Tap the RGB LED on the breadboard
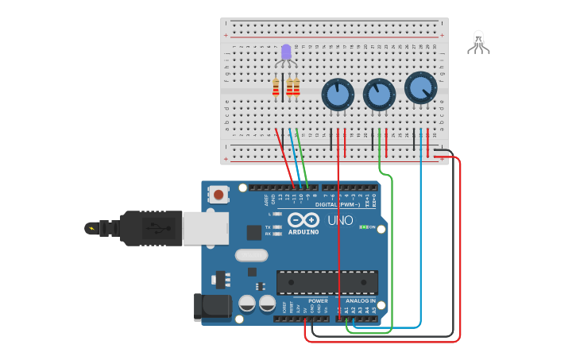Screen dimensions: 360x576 pos(286,53)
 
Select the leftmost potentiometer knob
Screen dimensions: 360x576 pos(338,95)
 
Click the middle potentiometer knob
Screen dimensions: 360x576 pos(379,95)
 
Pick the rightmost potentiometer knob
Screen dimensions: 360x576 pos(420,87)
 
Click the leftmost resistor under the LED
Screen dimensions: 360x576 pos(276,87)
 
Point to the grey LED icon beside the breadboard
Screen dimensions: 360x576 pos(478,41)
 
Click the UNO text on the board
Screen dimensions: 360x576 pos(340,220)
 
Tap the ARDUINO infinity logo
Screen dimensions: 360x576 pos(303,220)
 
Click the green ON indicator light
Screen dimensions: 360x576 pos(364,227)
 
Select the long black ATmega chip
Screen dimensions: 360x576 pos(327,282)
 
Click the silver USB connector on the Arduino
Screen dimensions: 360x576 pos(205,228)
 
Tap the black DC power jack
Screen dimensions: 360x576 pos(211,308)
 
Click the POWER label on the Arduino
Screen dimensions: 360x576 pos(318,301)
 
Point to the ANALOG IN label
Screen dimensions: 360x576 pos(361,301)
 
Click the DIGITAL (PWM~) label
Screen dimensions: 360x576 pos(338,204)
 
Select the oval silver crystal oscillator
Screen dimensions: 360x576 pos(251,256)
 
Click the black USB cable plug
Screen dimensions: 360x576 pos(151,228)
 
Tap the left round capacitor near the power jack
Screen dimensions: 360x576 pos(247,304)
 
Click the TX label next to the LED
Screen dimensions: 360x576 pos(267,226)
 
